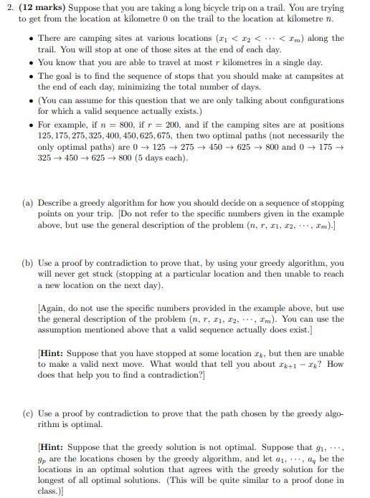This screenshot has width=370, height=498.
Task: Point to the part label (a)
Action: coord(27,183)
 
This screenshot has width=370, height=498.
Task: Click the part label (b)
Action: coord(27,263)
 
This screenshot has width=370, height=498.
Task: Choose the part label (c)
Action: coord(27,415)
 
